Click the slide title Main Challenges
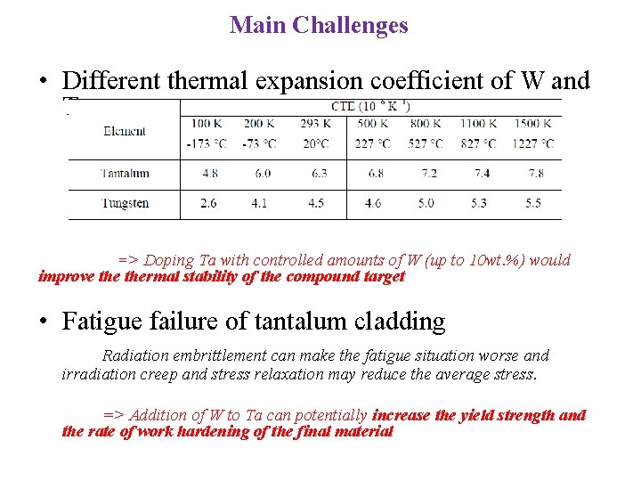pyautogui.click(x=319, y=25)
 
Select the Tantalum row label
pyautogui.click(x=125, y=174)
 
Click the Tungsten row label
pyautogui.click(x=125, y=203)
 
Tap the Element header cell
pyautogui.click(x=125, y=131)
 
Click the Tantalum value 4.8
pyautogui.click(x=211, y=174)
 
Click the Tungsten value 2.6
pyautogui.click(x=208, y=203)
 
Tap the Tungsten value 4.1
pyautogui.click(x=258, y=203)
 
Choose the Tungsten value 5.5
pyautogui.click(x=532, y=203)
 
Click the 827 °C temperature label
pyautogui.click(x=479, y=143)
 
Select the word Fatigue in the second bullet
pyautogui.click(x=101, y=322)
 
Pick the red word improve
pyautogui.click(x=65, y=276)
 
